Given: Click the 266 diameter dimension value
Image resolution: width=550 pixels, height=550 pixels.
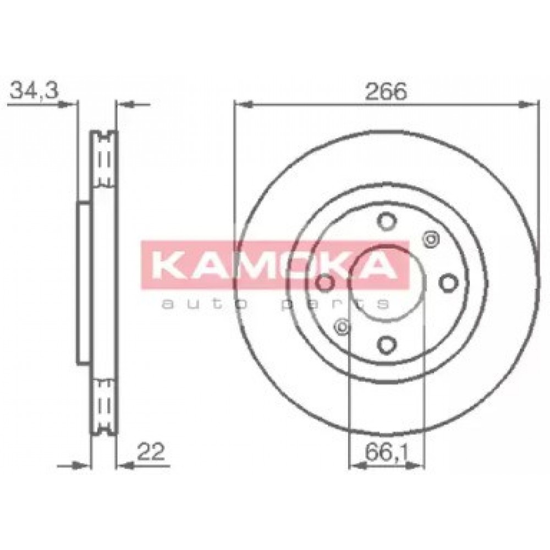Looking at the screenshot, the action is click(x=386, y=91).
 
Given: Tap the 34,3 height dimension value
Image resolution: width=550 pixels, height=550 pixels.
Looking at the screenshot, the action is click(x=34, y=91).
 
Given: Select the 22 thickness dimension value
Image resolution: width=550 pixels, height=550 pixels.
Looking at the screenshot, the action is click(x=151, y=452).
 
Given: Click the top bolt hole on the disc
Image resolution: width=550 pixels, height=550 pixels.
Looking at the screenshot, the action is click(x=387, y=221).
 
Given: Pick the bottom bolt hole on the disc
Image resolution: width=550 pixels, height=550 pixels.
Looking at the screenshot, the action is click(x=387, y=344).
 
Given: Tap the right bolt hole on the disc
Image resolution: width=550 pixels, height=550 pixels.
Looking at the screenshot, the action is click(x=448, y=283).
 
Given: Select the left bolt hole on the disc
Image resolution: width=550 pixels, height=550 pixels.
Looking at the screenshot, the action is click(x=325, y=283).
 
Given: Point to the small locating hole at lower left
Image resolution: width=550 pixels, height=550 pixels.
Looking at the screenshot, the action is click(x=342, y=327).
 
